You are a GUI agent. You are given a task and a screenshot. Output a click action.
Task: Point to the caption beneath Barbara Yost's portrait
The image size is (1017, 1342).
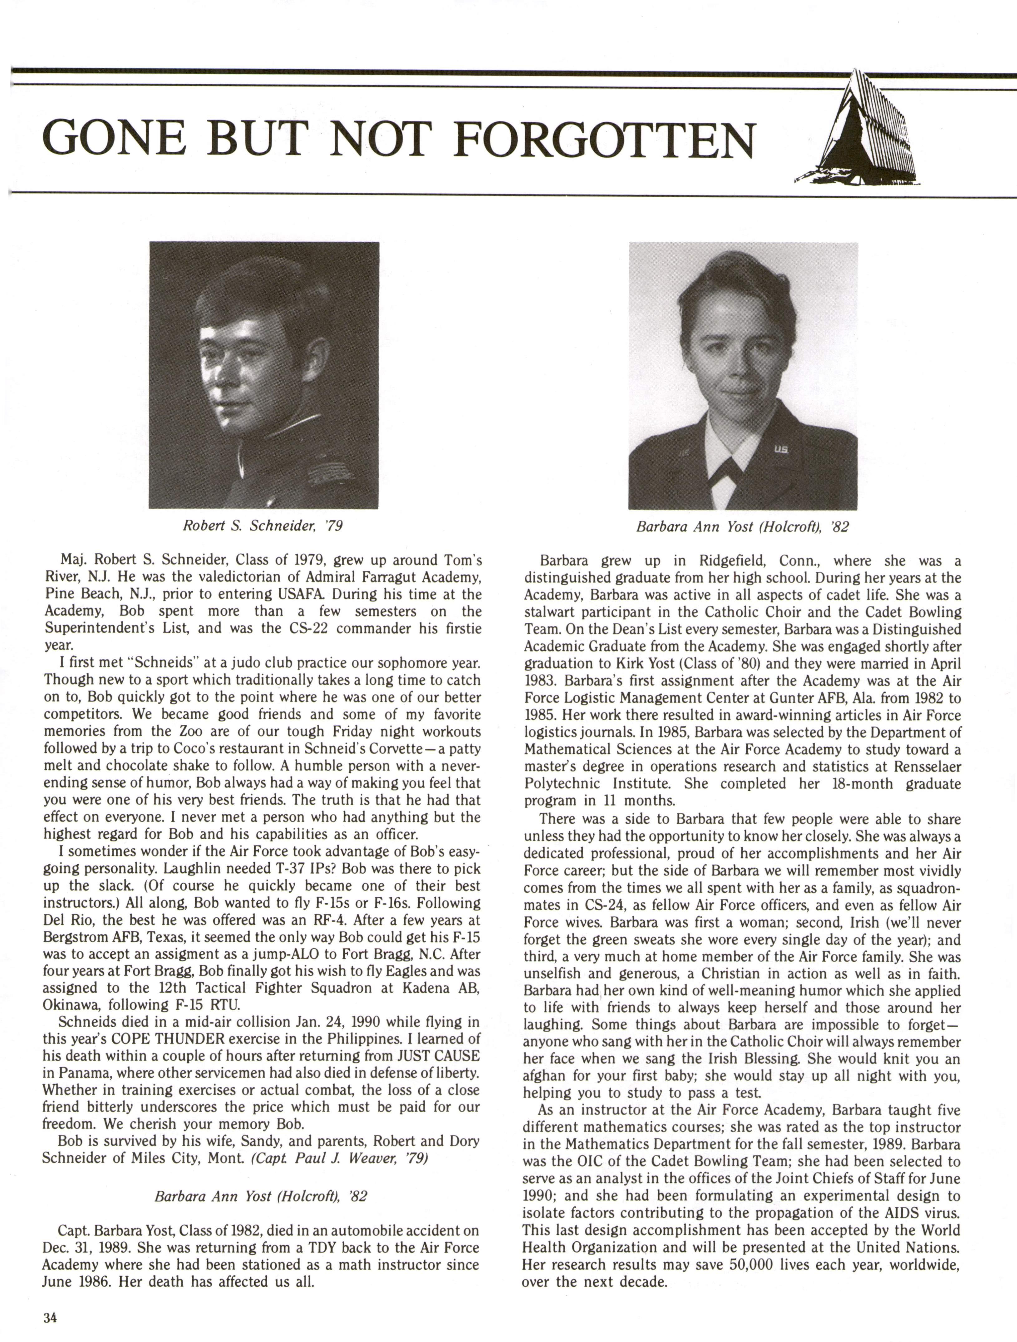point(742,527)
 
